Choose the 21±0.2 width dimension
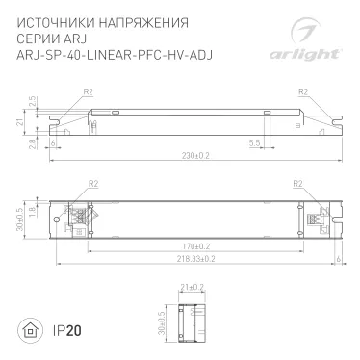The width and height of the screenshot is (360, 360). click(192, 287)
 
